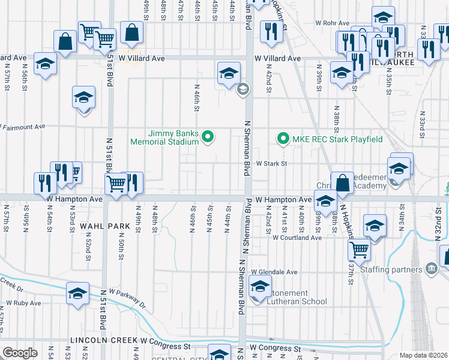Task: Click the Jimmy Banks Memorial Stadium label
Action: click(x=165, y=137)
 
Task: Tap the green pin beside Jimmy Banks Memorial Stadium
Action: click(x=208, y=137)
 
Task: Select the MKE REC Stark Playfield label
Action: click(x=337, y=139)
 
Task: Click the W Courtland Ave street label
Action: click(x=297, y=238)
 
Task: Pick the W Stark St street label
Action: click(x=272, y=163)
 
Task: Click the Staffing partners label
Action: click(x=390, y=269)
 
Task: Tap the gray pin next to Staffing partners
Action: click(x=431, y=268)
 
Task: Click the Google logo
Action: click(x=20, y=353)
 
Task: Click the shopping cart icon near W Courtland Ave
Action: click(x=359, y=248)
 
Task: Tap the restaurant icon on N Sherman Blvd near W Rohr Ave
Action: click(x=270, y=29)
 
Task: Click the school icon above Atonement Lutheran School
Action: click(x=261, y=286)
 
